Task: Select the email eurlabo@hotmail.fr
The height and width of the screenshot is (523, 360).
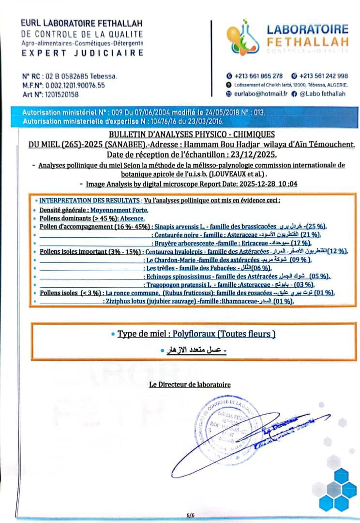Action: (x=261, y=93)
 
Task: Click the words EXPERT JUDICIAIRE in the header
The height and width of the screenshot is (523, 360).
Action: (x=82, y=53)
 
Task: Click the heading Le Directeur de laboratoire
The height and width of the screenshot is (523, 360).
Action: (x=190, y=385)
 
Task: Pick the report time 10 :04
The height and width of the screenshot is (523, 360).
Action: (x=286, y=184)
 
